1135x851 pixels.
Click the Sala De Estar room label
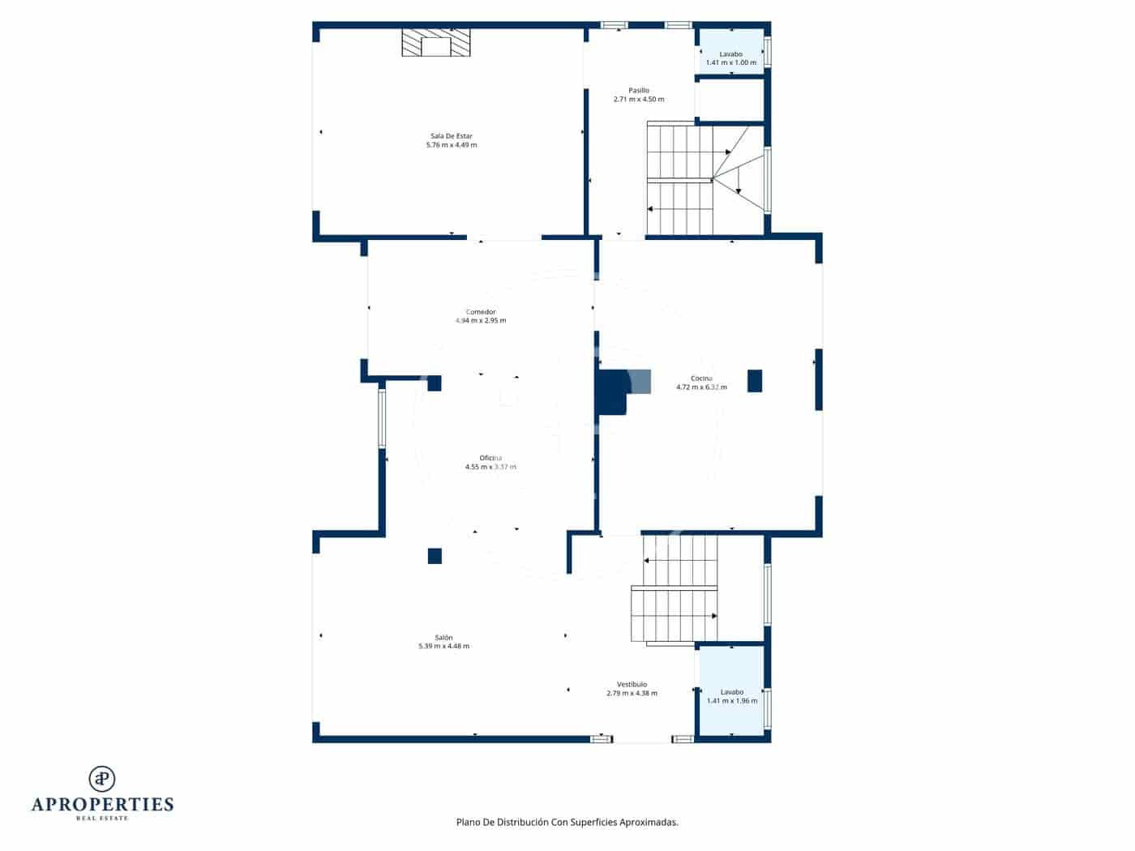[451, 136]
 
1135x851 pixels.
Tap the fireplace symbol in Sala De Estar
[436, 44]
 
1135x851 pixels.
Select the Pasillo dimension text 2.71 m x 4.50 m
[638, 100]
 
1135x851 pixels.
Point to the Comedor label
[480, 312]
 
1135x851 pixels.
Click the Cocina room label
[701, 378]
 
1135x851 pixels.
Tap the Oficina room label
[490, 458]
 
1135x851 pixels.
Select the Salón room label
[443, 638]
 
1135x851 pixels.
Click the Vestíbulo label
[632, 684]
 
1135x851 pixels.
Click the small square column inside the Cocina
[754, 381]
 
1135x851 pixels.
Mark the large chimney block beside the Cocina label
[613, 392]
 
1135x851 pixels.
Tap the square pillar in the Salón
[435, 556]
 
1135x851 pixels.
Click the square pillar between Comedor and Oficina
[435, 383]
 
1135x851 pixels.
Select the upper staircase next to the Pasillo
[681, 178]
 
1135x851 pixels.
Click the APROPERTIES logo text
[102, 804]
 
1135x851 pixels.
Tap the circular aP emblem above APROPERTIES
[102, 778]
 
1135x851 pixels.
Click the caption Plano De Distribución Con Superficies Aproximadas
[567, 822]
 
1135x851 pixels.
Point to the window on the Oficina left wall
[382, 418]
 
